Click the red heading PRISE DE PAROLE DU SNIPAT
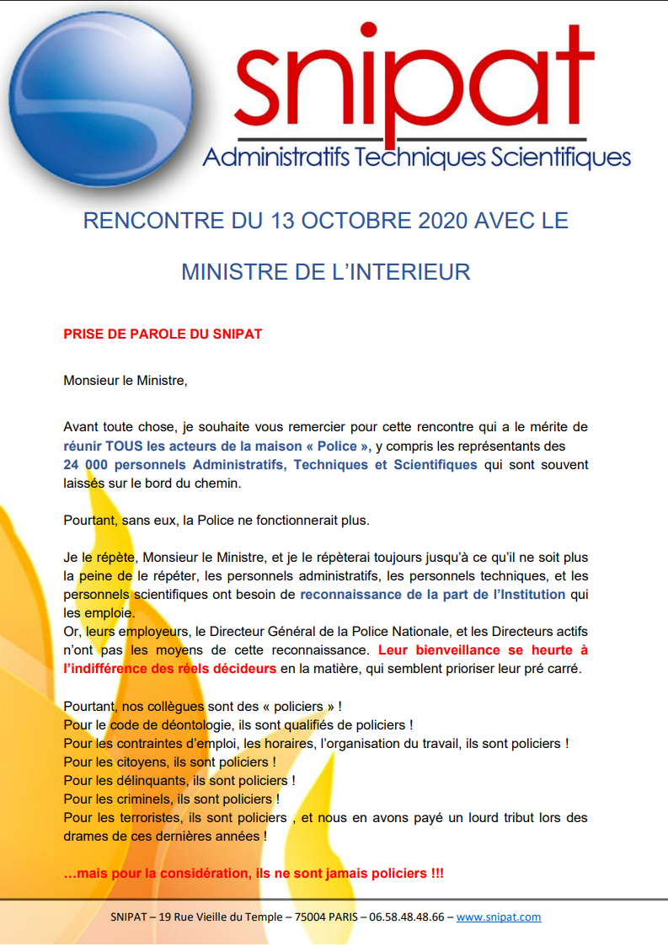163,334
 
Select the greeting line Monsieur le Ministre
126,381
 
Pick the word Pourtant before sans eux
90,520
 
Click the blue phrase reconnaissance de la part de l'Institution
433,595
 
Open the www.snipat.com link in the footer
499,917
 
